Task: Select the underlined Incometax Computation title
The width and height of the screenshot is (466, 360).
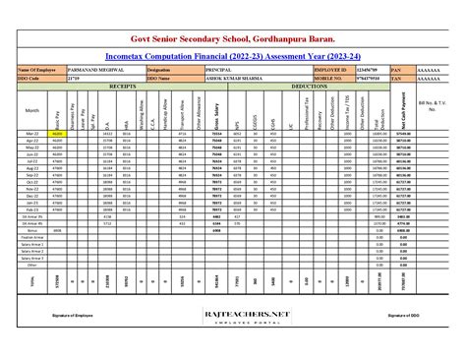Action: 233,58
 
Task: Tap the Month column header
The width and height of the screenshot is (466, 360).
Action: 31,111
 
